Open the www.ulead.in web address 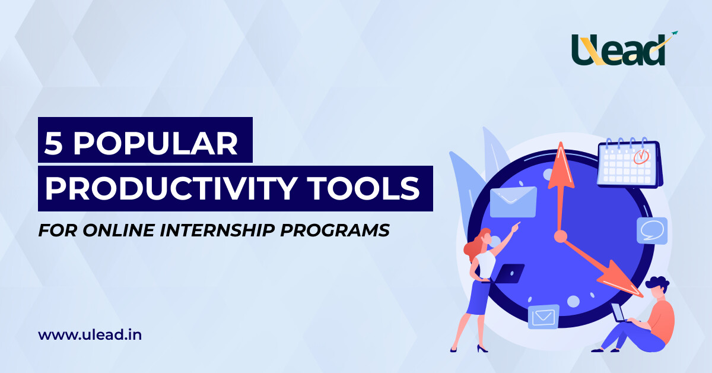pyautogui.click(x=90, y=335)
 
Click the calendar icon pyautogui.click(x=629, y=163)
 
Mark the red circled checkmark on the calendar pyautogui.click(x=641, y=157)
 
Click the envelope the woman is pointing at pyautogui.click(x=513, y=202)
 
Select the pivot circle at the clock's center pyautogui.click(x=560, y=236)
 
